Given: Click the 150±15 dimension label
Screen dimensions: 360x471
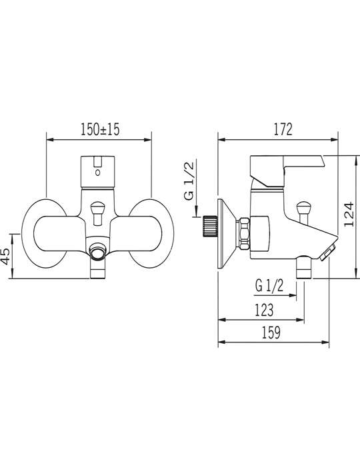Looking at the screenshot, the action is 100,129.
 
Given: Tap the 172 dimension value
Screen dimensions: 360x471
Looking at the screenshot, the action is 283,129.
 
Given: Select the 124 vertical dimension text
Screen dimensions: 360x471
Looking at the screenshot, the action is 349,215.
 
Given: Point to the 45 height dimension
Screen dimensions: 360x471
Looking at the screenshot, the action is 7,256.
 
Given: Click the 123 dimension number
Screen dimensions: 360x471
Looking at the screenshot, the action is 264,310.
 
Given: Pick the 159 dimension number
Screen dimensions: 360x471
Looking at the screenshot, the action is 271,332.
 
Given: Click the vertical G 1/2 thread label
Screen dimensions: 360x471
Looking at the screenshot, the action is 189,180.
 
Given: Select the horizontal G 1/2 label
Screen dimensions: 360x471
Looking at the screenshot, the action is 269,286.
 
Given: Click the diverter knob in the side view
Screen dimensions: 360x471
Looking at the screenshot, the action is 303,213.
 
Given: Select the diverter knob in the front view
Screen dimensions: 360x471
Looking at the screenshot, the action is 98,214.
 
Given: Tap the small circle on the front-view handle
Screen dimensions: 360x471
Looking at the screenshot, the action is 97,173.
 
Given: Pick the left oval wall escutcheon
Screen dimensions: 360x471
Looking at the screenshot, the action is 45,233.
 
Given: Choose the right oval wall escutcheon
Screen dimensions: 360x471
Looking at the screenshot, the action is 151,233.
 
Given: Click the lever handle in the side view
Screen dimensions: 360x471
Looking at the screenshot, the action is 287,171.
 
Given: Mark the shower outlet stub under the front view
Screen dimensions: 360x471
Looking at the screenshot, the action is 98,269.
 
